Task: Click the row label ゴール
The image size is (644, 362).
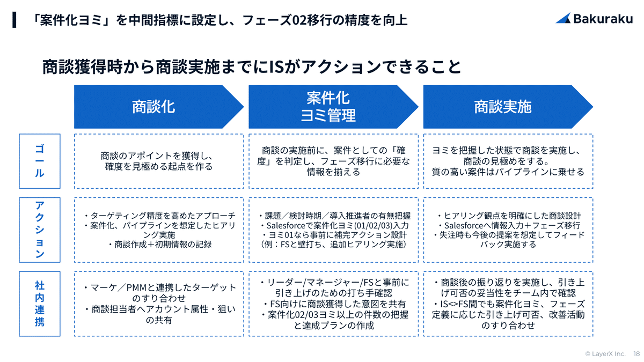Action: pos(40,161)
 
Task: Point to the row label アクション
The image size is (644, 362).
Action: pos(40,230)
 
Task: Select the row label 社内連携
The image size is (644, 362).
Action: pos(40,304)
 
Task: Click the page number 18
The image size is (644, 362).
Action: pos(636,354)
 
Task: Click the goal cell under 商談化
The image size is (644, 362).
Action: pos(159,161)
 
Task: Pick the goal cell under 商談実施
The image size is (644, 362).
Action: pos(508,161)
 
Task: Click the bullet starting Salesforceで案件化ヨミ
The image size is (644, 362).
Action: pos(333,226)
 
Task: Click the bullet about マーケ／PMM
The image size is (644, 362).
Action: pos(159,293)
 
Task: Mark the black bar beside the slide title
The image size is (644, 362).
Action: pos(14,19)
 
